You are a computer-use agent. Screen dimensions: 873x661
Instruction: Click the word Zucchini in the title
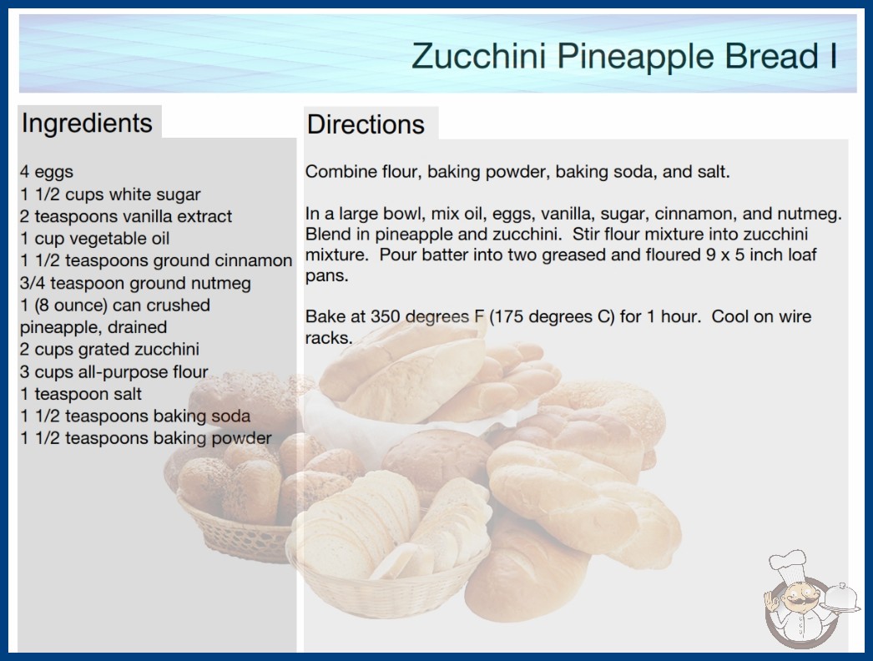click(478, 56)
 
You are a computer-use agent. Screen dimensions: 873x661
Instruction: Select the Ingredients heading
click(87, 124)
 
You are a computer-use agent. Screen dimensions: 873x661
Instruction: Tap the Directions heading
click(366, 124)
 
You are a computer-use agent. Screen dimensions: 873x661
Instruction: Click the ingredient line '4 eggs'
click(47, 172)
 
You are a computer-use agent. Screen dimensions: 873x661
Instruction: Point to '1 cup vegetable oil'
click(94, 239)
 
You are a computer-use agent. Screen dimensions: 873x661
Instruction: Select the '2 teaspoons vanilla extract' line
click(126, 216)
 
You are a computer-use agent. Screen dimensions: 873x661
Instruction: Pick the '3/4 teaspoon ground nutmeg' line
click(135, 283)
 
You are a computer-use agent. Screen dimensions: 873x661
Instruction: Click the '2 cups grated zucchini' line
click(109, 349)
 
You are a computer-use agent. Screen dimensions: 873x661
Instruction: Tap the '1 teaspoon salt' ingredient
click(81, 394)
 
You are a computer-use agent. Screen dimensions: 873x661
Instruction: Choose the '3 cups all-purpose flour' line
click(114, 371)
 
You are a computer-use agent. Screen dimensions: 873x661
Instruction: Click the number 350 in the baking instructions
click(386, 316)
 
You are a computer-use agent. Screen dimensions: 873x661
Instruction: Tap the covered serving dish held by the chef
click(840, 598)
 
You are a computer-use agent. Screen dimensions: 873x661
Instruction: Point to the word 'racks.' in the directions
click(329, 338)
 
